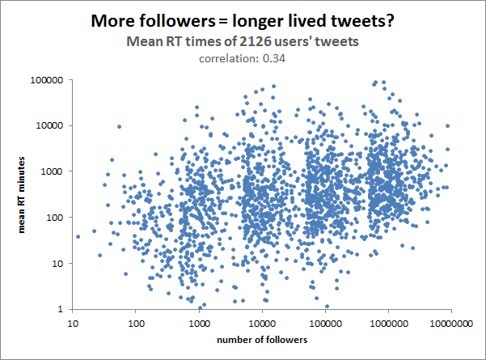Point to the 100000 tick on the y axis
pos(48,80)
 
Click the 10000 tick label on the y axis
pos(50,125)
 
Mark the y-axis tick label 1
pos(61,309)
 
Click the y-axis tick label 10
pos(58,263)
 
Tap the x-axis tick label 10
pos(72,323)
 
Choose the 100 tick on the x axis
pos(135,323)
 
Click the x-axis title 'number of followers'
pos(262,340)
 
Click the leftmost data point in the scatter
pos(78,236)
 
